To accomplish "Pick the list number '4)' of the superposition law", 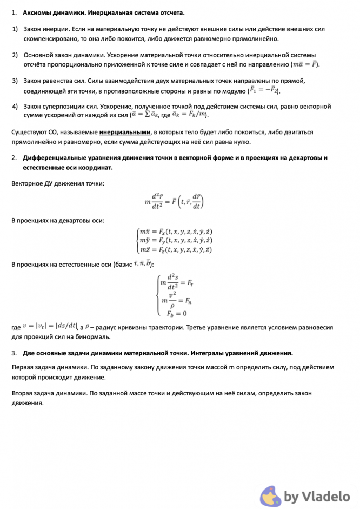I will [x=15, y=107].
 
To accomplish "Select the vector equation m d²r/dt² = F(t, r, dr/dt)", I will [x=174, y=202].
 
